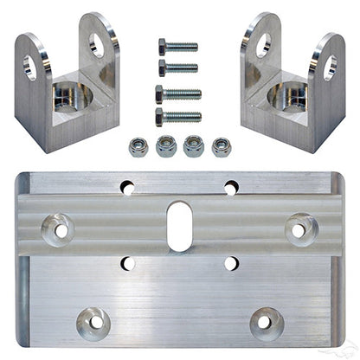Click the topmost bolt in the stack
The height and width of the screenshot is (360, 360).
[177, 45]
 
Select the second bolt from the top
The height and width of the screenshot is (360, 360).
[177, 67]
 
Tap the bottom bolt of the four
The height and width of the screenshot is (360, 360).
[177, 114]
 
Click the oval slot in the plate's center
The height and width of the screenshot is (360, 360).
[180, 225]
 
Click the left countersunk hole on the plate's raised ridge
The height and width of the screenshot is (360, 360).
[61, 229]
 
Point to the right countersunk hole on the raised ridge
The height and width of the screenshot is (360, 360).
[299, 230]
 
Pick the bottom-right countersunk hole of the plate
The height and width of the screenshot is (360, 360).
[266, 323]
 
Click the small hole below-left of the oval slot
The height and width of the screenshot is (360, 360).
[128, 262]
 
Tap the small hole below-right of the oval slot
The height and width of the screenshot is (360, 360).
[231, 262]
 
